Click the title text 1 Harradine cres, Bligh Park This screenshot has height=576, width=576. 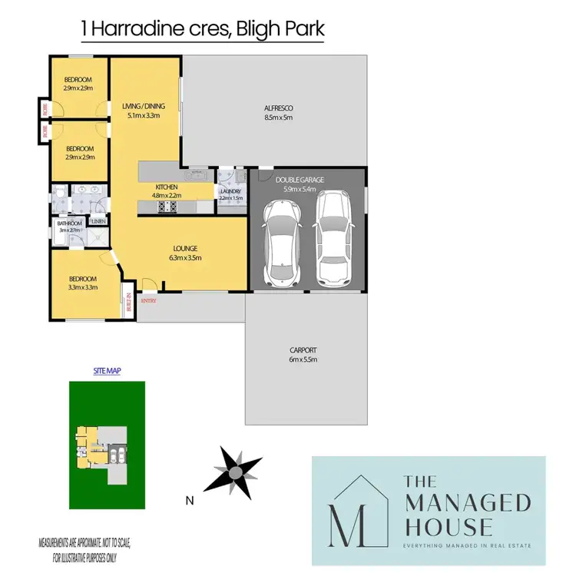click(x=203, y=29)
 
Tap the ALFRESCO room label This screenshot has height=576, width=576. click(x=279, y=108)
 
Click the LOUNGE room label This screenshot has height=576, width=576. click(x=185, y=249)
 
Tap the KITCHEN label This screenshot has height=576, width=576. click(x=167, y=187)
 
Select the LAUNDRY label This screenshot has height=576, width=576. click(x=230, y=192)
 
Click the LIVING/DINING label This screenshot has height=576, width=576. click(x=142, y=107)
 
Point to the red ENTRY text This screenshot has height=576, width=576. click(x=148, y=300)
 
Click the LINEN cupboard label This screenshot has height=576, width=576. click(x=98, y=221)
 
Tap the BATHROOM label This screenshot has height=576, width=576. click(x=69, y=223)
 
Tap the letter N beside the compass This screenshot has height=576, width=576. click(x=189, y=502)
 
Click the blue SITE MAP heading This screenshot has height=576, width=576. click(x=107, y=370)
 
